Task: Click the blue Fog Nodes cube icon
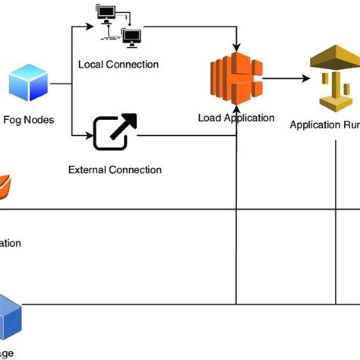pyautogui.click(x=28, y=83)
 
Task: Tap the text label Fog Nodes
pyautogui.click(x=29, y=119)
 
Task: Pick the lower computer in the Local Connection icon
pyautogui.click(x=131, y=36)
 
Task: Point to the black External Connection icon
pyautogui.click(x=115, y=132)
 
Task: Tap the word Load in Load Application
pyautogui.click(x=210, y=118)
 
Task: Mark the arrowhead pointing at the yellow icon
pyautogui.click(x=304, y=78)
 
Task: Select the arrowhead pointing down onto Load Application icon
pyautogui.click(x=238, y=49)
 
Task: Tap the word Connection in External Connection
pyautogui.click(x=135, y=169)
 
